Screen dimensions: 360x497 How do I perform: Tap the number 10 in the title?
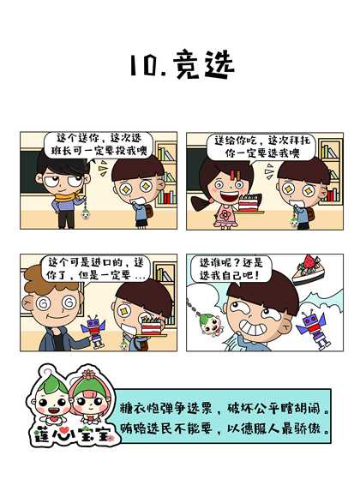coord(144,65)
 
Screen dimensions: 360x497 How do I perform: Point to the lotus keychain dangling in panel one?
coord(86,213)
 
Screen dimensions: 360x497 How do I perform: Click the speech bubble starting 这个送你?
coord(99,145)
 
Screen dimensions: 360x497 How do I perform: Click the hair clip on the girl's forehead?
coord(235,175)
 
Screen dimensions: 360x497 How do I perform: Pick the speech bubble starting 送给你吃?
coord(261,147)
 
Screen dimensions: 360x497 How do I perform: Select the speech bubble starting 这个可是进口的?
coord(95,268)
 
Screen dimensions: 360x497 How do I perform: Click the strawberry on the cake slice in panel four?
coord(309,262)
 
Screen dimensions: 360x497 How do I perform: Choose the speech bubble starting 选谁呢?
coord(231,269)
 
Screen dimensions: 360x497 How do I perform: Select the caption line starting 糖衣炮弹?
coord(225,409)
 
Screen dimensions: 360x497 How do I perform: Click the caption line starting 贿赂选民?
coord(225,428)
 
